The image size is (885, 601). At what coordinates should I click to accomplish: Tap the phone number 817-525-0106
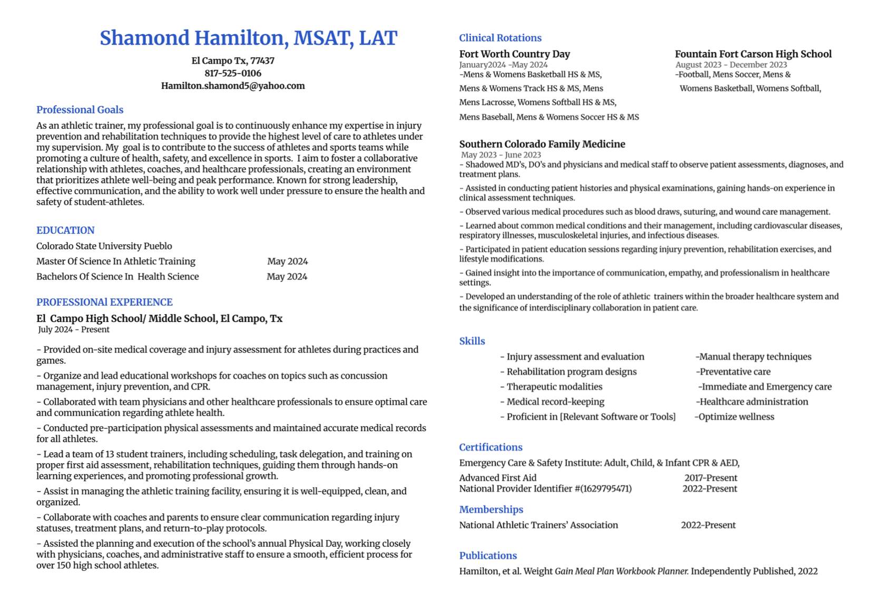[233, 73]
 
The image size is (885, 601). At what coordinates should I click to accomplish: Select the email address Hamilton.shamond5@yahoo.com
[233, 86]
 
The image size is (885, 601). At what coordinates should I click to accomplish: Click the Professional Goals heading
[80, 110]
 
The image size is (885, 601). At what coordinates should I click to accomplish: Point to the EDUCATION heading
[65, 231]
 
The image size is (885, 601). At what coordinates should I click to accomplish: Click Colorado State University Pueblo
[104, 246]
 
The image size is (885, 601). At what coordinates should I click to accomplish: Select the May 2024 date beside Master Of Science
[287, 261]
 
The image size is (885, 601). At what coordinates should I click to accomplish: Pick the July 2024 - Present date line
[74, 329]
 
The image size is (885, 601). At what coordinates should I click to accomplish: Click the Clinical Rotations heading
[500, 38]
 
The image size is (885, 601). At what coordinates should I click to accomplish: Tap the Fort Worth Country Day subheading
[514, 54]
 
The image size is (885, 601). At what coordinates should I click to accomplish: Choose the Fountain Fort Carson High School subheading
[753, 54]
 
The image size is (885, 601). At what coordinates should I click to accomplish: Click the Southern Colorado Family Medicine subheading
[542, 144]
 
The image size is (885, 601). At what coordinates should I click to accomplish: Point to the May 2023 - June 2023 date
[501, 155]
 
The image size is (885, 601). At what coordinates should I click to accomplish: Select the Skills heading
[472, 341]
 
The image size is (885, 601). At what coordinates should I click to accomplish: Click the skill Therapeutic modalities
[554, 387]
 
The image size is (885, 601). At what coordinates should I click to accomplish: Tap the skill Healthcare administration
[753, 402]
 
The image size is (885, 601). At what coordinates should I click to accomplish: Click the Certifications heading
[490, 447]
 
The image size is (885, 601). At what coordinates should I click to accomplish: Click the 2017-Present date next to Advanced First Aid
[710, 478]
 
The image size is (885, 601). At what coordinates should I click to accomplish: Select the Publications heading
[488, 556]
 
